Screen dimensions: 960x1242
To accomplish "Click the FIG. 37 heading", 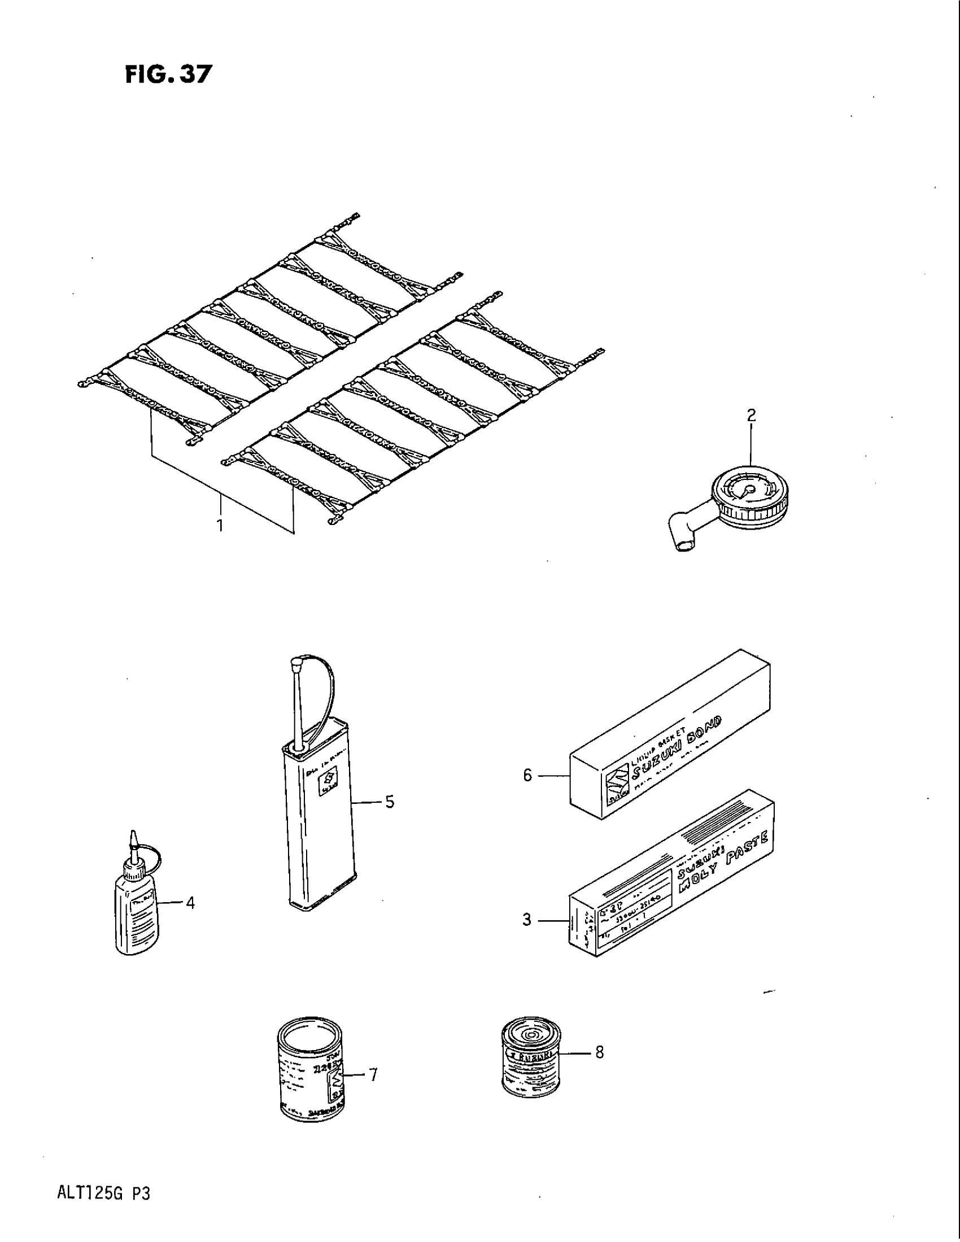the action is (x=168, y=75).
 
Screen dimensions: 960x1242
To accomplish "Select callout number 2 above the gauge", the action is (x=750, y=415).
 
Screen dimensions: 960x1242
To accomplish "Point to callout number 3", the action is (x=527, y=920).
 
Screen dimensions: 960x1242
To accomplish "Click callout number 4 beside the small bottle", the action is (x=190, y=903).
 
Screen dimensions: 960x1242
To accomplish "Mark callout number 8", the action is (x=599, y=1052).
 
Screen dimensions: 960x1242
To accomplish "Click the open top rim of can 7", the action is (x=309, y=1032).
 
